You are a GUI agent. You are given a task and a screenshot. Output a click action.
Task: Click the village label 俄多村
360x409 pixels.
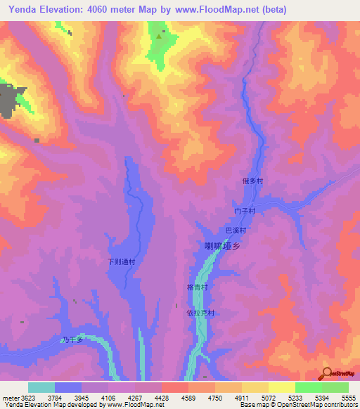pyautogui.click(x=252, y=181)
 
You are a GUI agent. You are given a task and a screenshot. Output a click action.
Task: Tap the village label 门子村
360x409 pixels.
pyautogui.click(x=243, y=211)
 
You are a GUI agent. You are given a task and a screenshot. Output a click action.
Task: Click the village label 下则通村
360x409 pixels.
pyautogui.click(x=120, y=262)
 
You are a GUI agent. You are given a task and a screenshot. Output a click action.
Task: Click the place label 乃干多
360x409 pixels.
pyautogui.click(x=72, y=340)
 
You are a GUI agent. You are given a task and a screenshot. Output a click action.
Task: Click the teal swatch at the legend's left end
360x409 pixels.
pyautogui.click(x=41, y=387)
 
